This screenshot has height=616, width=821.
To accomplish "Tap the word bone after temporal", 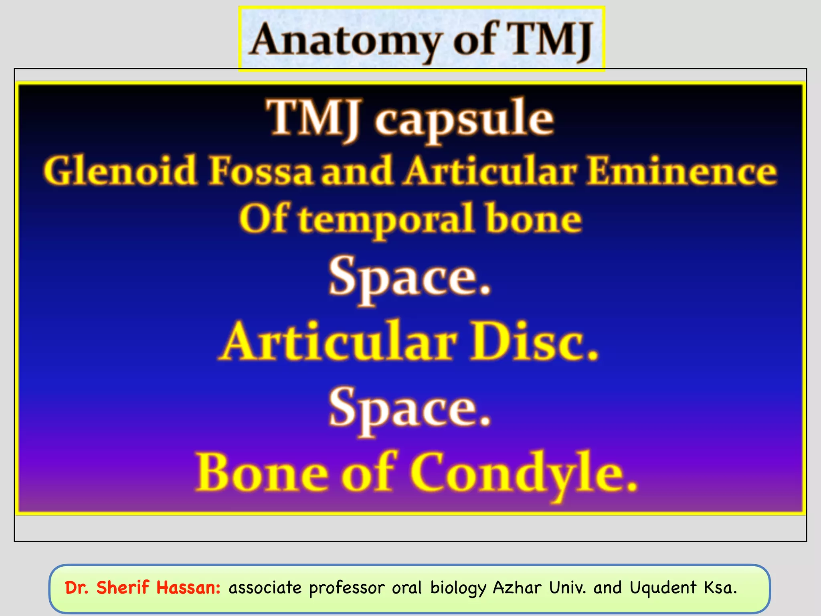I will tap(533, 219).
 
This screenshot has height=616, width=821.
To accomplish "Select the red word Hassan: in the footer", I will tap(188, 588).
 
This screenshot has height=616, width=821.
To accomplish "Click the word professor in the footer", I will tap(347, 588).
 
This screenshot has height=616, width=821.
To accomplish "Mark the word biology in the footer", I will tap(458, 588).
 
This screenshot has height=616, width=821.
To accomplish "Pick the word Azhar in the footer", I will tap(517, 588).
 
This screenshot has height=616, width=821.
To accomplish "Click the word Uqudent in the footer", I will tap(663, 588).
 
